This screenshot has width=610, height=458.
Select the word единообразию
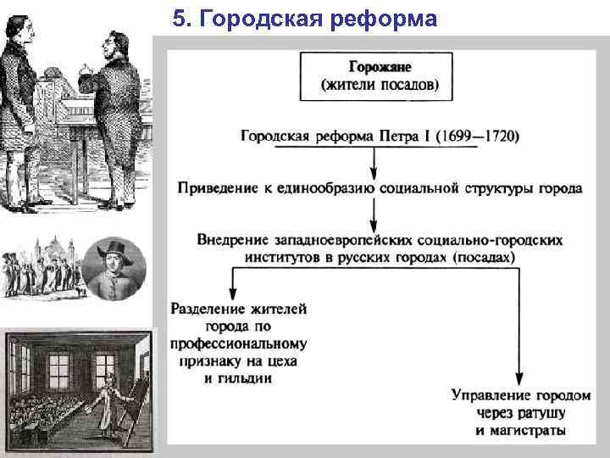[x=328, y=187]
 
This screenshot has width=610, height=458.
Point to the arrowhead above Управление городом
[x=518, y=380]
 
